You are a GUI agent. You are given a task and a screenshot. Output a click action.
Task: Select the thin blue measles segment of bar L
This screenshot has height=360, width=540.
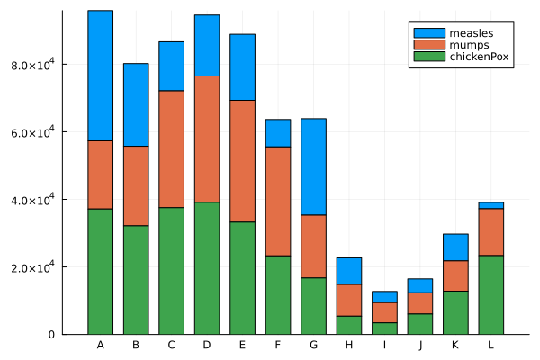click(x=491, y=205)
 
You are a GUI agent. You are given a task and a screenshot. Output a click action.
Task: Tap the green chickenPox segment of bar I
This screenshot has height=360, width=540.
click(x=385, y=328)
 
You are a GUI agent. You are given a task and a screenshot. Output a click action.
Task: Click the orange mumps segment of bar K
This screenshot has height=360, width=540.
click(x=455, y=275)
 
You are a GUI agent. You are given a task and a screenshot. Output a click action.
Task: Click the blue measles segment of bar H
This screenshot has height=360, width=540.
click(x=349, y=271)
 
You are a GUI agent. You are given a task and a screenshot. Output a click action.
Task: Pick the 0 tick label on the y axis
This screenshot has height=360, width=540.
click(x=52, y=335)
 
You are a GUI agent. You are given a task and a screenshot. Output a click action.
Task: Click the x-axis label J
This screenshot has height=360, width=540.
click(x=420, y=346)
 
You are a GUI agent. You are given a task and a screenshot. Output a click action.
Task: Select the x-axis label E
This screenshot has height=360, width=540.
click(x=242, y=346)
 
